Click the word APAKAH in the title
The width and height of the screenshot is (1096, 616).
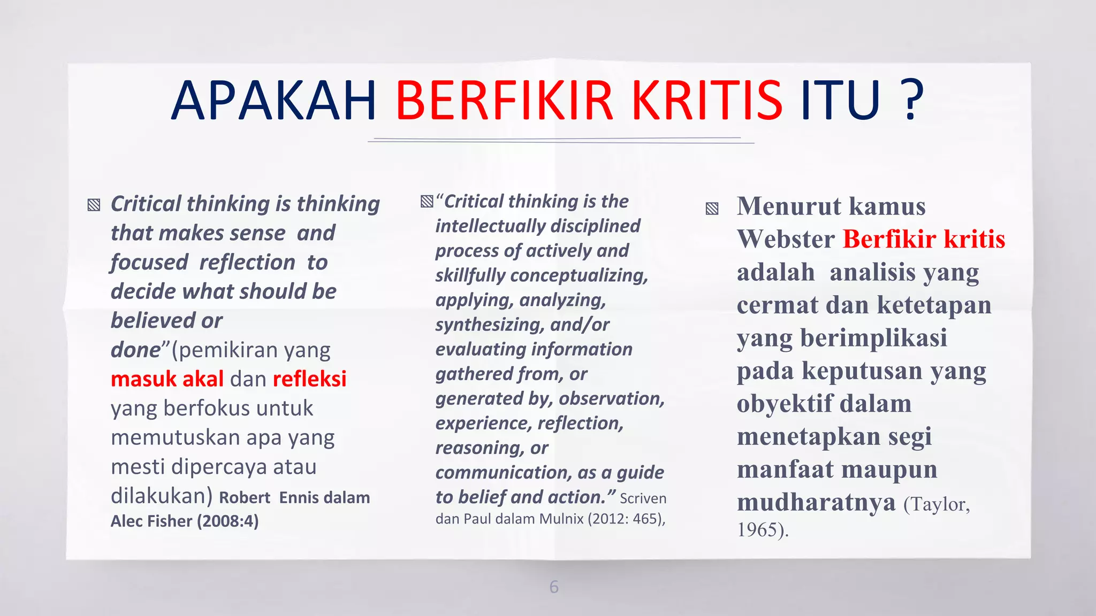tap(274, 101)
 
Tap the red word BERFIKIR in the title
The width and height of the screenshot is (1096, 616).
tap(504, 101)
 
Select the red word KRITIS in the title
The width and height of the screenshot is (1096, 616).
tap(707, 101)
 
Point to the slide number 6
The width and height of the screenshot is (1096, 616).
tap(554, 587)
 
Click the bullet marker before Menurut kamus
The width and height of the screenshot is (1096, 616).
tap(712, 209)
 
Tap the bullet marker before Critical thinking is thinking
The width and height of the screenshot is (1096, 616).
tap(94, 205)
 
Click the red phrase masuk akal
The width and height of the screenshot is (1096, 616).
tap(167, 379)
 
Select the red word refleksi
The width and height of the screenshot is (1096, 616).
tap(309, 379)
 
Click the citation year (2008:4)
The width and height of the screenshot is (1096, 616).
tap(227, 521)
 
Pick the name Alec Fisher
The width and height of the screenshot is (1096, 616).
tap(151, 521)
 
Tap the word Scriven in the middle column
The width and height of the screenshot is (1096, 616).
tap(643, 498)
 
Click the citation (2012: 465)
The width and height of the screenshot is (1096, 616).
tap(626, 519)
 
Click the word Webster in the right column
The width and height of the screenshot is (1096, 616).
tap(786, 239)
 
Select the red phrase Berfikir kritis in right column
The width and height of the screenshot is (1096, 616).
tap(924, 239)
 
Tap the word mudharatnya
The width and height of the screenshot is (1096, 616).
tap(816, 502)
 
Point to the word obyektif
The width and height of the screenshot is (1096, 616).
tap(785, 404)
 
